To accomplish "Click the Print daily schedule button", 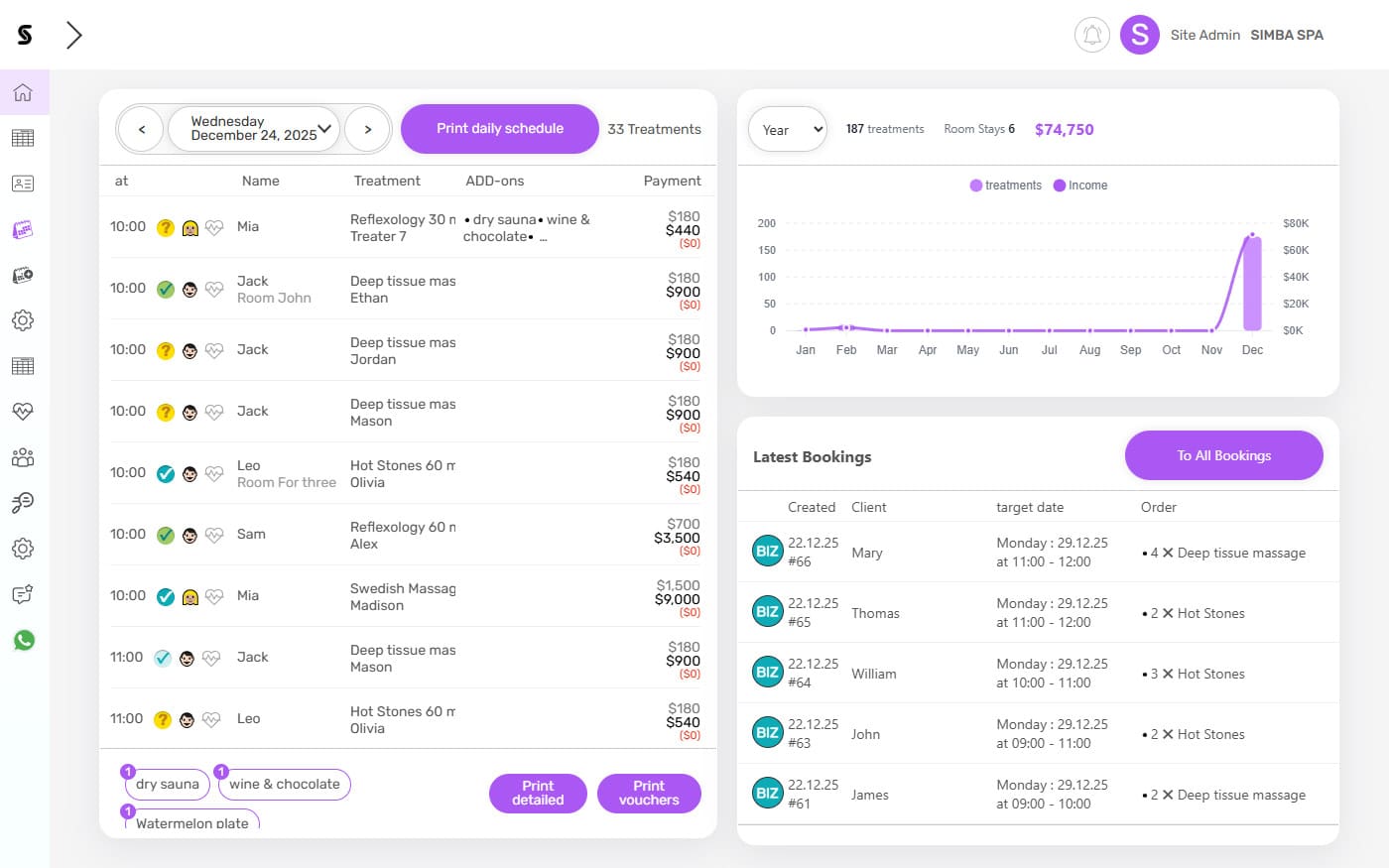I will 500,129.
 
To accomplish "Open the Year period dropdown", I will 788,130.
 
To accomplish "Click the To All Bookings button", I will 1223,455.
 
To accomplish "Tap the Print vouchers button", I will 649,793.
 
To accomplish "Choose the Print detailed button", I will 538,793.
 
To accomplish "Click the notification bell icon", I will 1091,35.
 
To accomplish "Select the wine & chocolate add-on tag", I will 285,784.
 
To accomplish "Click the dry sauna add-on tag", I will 168,784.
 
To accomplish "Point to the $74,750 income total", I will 1064,130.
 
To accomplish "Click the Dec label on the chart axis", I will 1252,350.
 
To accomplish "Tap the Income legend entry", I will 1080,186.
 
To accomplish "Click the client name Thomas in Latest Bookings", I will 875,613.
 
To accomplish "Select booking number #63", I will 800,743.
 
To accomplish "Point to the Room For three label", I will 287,482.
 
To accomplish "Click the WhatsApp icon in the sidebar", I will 24,640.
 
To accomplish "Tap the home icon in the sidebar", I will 23,92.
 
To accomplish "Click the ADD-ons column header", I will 495,181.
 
